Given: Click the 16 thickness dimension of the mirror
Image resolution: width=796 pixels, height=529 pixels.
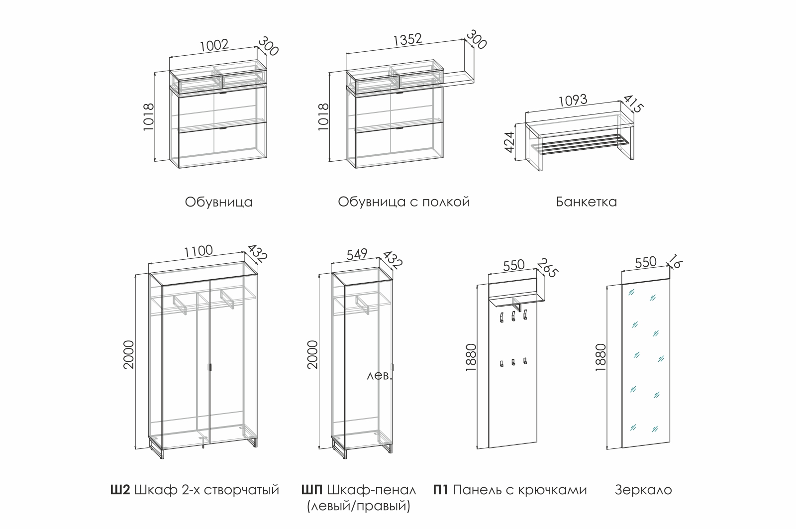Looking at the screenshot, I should [675, 261].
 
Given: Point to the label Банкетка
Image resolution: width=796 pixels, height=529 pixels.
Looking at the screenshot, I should [586, 202].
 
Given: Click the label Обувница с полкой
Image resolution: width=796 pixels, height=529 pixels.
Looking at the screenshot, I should [403, 202].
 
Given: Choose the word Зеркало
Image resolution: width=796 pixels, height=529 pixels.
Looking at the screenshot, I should [643, 490].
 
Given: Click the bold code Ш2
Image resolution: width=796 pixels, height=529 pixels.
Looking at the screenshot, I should [119, 490].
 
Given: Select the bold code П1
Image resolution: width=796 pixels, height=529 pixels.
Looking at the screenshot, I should [441, 490].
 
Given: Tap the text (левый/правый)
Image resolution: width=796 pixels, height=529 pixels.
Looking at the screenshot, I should [358, 507].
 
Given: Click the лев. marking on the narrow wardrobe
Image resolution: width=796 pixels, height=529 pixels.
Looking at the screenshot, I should [380, 376].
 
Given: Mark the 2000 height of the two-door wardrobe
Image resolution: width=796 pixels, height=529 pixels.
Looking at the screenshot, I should [129, 354].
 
